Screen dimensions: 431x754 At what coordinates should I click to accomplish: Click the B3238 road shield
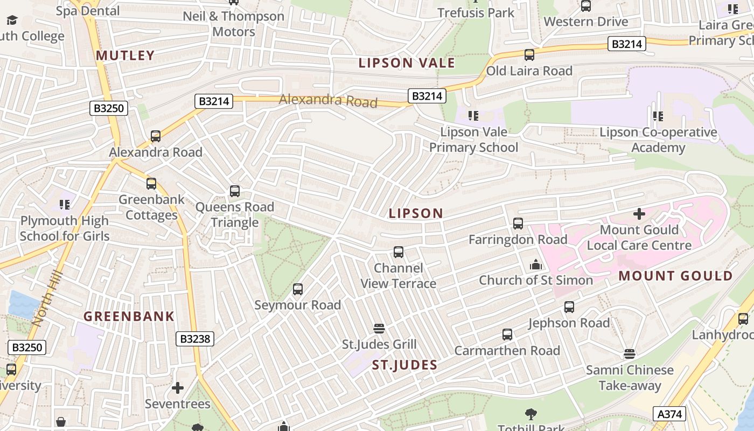(195, 339)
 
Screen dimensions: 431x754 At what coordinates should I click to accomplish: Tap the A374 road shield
(670, 414)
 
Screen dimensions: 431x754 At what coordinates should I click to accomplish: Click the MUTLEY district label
(125, 55)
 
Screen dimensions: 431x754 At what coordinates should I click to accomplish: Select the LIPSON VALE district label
(407, 63)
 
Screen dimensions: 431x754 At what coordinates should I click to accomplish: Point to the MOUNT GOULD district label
(675, 276)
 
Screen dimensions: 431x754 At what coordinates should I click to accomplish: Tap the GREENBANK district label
(129, 316)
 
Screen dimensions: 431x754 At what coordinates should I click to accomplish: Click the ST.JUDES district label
(404, 365)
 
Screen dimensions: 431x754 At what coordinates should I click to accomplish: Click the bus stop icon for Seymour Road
(298, 289)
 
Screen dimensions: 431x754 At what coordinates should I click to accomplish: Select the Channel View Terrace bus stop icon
(399, 252)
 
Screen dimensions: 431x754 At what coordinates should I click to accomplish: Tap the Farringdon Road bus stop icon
(518, 223)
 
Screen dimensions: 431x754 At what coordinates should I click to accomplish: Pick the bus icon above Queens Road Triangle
(235, 191)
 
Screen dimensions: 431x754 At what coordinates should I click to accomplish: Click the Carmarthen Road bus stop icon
(507, 335)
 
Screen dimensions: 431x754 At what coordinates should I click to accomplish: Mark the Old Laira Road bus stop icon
(529, 55)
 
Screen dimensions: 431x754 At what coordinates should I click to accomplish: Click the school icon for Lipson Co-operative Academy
(658, 116)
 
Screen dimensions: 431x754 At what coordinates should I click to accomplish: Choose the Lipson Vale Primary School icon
(473, 116)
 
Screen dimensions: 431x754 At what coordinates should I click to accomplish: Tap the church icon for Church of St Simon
(535, 265)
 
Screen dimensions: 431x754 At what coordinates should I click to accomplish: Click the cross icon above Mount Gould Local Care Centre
(639, 214)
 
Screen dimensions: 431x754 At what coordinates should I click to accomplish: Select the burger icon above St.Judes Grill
(379, 328)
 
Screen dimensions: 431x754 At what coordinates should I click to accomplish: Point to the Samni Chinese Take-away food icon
(630, 354)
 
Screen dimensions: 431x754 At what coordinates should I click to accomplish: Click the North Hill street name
(47, 299)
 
